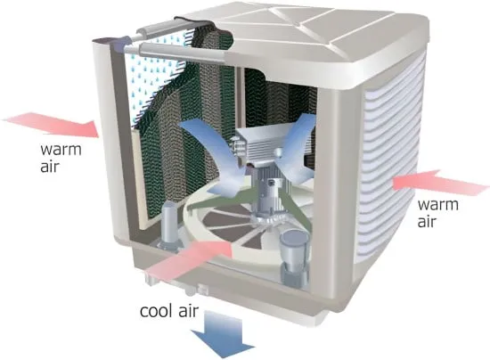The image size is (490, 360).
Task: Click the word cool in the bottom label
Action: click(156, 311)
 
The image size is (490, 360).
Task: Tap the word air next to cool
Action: click(189, 310)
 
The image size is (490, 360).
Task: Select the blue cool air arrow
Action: click(223, 335)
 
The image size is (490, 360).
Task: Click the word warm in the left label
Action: click(61, 150)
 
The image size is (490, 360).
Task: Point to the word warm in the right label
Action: click(438, 205)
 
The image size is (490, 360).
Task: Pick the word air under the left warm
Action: click(49, 166)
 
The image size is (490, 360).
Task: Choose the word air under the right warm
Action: click(427, 221)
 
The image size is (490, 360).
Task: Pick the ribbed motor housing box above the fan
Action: click(258, 143)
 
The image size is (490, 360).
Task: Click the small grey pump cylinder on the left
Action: click(169, 225)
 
